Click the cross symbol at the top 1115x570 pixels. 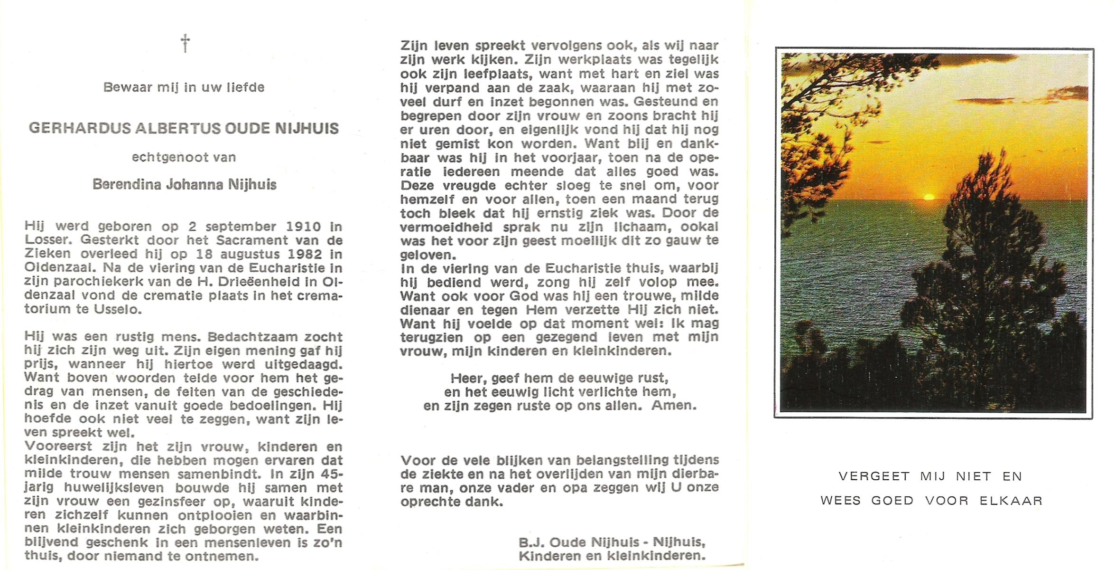tap(186, 43)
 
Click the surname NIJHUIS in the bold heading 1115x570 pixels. tap(310, 129)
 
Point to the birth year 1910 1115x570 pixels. tap(304, 227)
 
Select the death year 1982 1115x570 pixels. tap(304, 254)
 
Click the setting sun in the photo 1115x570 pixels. tap(929, 197)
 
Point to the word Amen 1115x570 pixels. tap(674, 406)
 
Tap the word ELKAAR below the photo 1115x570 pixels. tap(1011, 501)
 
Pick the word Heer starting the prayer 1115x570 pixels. tap(467, 379)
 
